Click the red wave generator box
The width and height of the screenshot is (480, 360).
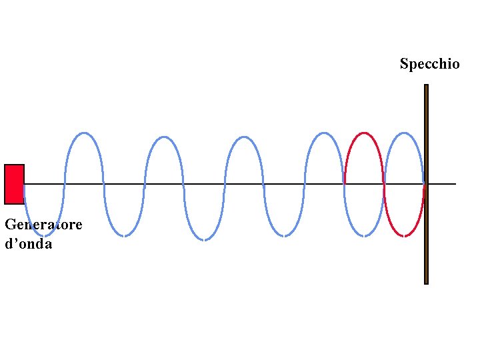[14, 184]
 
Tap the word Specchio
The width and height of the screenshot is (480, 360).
[429, 64]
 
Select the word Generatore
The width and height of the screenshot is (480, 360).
[43, 225]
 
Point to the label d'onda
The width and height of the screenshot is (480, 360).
[28, 244]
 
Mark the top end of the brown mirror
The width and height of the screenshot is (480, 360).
[426, 86]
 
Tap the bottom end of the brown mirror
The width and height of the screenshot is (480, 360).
[426, 283]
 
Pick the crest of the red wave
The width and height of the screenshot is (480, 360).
[364, 133]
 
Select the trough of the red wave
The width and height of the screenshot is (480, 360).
[404, 235]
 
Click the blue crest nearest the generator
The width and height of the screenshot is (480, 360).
[83, 133]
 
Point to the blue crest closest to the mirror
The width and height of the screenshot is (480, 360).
[404, 133]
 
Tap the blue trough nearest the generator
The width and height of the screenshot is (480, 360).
[43, 235]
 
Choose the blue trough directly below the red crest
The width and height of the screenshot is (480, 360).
[364, 235]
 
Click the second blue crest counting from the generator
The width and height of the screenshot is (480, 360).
[164, 137]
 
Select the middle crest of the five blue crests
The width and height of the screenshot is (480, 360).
[244, 137]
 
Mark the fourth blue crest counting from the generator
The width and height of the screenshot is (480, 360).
[324, 133]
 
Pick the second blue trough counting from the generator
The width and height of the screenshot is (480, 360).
[123, 235]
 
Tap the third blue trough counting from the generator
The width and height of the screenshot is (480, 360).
[204, 239]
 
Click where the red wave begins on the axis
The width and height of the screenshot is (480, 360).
[345, 183]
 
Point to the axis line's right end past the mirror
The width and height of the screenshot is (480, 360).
[455, 183]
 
